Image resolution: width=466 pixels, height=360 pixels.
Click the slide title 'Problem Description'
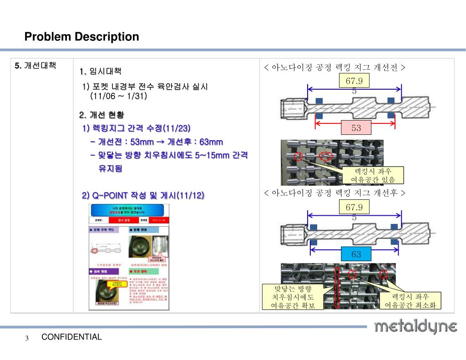81,36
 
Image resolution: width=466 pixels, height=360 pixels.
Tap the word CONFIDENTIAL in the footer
71,337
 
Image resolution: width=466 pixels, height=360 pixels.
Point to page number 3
27,338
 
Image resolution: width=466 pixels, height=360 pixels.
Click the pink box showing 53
356,128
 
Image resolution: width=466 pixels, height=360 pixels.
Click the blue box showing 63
356,254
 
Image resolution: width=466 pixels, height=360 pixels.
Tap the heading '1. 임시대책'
101,71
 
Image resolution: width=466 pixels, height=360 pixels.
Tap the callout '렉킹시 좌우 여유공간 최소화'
410,300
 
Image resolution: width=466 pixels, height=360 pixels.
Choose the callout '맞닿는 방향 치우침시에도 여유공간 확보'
293,297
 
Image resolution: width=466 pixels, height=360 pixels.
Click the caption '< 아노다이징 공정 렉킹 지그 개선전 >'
334,68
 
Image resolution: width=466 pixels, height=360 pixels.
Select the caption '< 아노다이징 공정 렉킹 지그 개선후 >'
334,193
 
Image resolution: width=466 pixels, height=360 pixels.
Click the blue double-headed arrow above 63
355,246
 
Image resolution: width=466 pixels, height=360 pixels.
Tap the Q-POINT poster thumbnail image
128,257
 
